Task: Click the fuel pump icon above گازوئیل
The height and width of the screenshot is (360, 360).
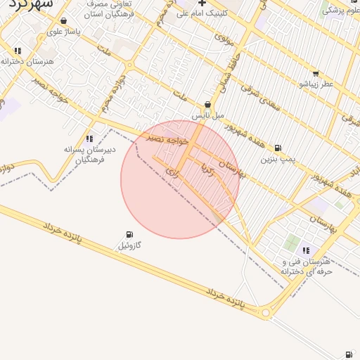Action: coord(129,235)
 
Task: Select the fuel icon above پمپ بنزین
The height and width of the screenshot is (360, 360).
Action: coord(278,148)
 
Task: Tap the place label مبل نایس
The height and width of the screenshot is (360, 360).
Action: coord(208,115)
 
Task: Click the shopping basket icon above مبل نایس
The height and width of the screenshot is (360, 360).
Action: coord(207,104)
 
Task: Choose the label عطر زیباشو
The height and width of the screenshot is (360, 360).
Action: coord(316,84)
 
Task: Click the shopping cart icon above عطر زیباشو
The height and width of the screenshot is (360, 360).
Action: coord(315,73)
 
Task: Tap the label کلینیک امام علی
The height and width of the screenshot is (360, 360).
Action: coord(202,13)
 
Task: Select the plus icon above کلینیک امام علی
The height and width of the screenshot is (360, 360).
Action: coord(202,4)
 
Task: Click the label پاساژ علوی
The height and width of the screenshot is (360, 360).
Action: coord(65,32)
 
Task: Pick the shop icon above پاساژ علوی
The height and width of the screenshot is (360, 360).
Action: coord(64,21)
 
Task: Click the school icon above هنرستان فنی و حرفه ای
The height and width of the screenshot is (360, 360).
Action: coord(306,250)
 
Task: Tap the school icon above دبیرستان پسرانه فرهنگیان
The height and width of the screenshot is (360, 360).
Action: coord(89,139)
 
